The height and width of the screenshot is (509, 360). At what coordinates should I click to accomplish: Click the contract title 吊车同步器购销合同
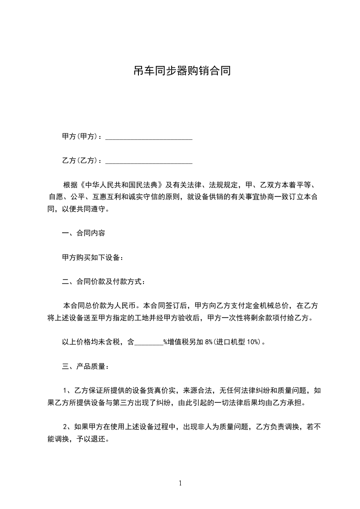pos(180,71)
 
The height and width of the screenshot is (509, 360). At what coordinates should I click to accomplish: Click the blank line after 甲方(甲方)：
pos(148,137)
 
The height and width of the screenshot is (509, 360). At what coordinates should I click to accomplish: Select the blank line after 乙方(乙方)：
pos(148,161)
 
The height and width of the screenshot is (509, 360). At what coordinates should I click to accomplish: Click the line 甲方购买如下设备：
pos(92,257)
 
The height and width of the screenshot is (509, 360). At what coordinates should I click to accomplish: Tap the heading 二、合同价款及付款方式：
pos(104,281)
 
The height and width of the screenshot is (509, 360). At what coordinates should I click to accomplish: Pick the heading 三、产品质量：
pos(85,366)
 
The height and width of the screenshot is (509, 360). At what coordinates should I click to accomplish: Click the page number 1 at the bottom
pos(180,484)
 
